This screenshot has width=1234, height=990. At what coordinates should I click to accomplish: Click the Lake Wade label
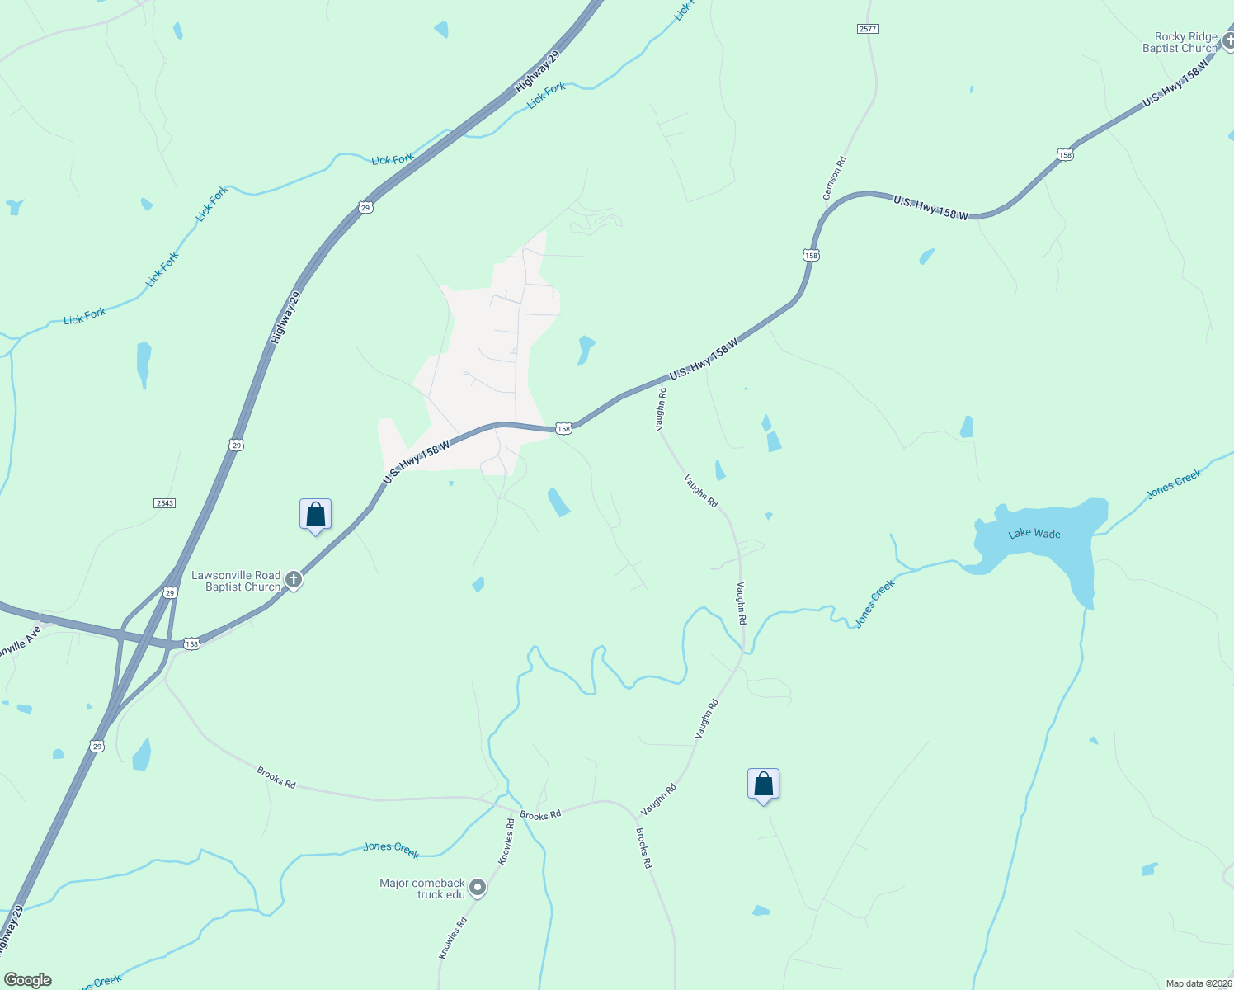1034,534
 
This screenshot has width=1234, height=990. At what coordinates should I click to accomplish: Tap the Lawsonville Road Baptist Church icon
294,581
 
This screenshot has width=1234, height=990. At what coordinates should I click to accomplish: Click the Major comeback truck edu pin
478,889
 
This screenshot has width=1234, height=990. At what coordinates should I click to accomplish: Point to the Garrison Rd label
835,178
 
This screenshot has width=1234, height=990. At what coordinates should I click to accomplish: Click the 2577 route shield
868,29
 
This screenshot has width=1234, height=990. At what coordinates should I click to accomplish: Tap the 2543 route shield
165,502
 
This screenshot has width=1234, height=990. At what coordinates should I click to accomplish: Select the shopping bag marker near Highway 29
315,515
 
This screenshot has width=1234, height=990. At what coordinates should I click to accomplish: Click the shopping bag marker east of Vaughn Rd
763,785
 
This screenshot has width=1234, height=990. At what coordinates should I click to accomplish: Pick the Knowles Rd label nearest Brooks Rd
506,841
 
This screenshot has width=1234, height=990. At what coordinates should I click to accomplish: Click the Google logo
27,980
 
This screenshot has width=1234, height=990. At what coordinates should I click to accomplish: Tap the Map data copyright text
1198,983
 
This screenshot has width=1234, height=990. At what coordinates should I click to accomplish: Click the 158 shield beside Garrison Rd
811,256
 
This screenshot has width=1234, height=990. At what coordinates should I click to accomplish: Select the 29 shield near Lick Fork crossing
365,208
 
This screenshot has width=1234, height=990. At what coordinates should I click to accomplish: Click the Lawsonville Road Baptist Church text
236,581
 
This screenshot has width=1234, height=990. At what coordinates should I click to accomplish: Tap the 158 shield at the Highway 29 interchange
191,643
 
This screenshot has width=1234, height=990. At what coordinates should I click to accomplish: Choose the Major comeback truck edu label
422,889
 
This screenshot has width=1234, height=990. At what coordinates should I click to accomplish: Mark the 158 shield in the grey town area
563,428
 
